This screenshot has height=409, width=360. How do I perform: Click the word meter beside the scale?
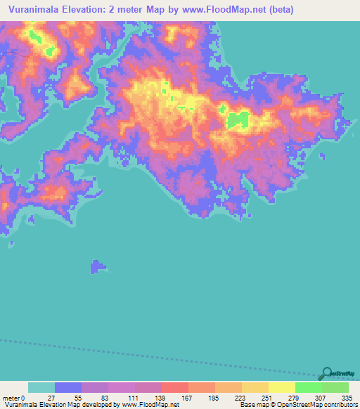tap(11, 398)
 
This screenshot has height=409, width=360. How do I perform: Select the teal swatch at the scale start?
tap(41, 387)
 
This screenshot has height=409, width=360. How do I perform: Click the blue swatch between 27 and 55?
tap(68, 387)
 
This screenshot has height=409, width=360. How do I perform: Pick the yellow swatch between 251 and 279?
tap(281, 387)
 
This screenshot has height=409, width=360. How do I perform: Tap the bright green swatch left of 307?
tap(308, 387)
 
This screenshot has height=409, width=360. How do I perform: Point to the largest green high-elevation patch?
tap(238, 119)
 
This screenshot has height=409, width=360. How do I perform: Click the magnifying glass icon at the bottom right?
tap(326, 373)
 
